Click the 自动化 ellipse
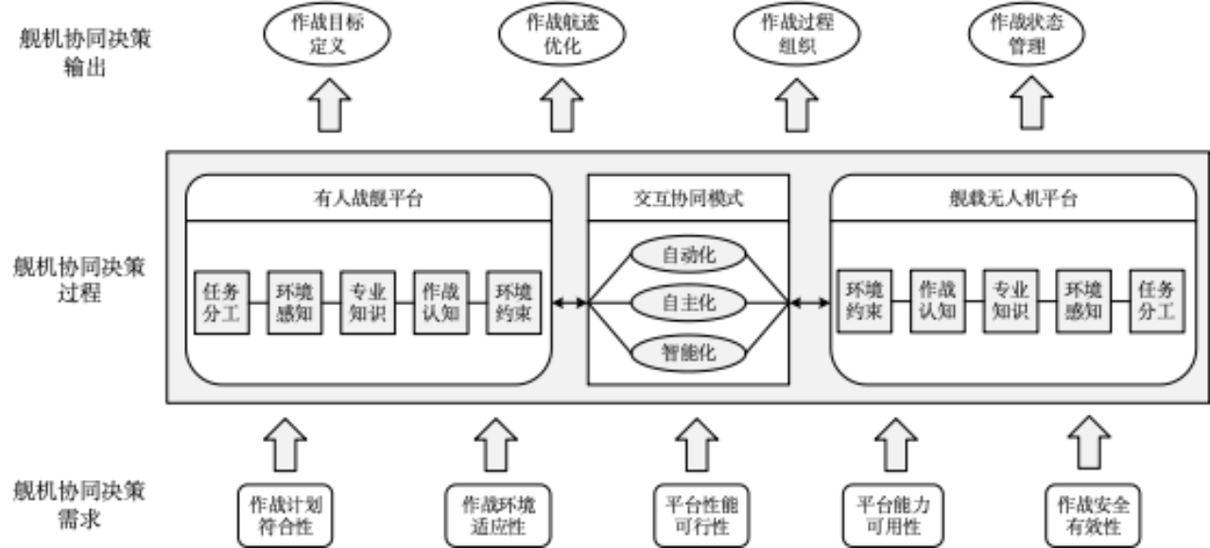[688, 254]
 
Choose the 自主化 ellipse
[688, 303]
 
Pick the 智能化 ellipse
[688, 352]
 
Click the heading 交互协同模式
[688, 198]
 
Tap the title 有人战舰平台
[369, 198]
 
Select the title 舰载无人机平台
[1013, 198]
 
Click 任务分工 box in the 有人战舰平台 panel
[222, 302]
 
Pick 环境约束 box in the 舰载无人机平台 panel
[864, 302]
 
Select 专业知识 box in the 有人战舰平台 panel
[369, 302]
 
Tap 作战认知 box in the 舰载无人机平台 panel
[938, 302]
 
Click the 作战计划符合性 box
[285, 515]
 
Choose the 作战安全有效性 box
[1092, 515]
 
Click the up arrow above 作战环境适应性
[495, 446]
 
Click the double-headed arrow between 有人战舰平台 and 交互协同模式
[570, 302]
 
